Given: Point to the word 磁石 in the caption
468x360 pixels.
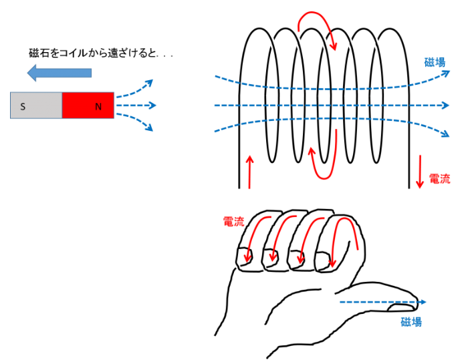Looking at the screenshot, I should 39,53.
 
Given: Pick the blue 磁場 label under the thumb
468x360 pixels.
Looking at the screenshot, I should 411,322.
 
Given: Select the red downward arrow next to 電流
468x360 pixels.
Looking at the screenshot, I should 420,171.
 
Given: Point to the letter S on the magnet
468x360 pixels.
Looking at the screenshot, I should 23,106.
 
